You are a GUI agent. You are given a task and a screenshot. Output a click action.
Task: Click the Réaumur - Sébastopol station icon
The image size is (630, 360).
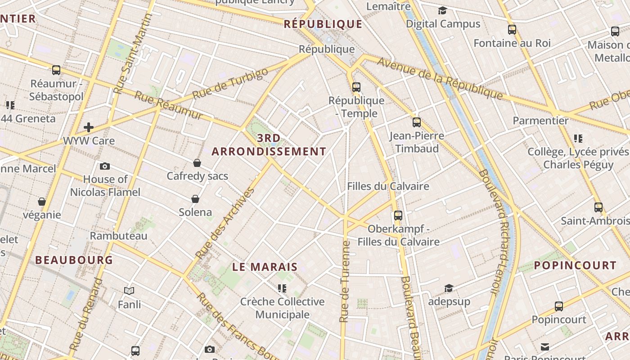[x=56, y=70]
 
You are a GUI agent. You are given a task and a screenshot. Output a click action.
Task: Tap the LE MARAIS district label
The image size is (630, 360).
[x=265, y=267]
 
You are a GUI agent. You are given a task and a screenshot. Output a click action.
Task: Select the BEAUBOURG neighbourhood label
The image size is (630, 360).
[x=74, y=260]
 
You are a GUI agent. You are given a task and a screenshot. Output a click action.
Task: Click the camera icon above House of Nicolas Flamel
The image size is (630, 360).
[x=105, y=166]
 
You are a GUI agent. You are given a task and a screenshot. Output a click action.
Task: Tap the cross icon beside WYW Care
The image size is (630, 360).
[x=89, y=127]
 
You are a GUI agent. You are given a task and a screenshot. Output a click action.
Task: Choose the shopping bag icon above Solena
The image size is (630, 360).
[x=195, y=198]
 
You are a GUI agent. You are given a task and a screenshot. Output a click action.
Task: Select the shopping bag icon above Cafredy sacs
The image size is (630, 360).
[x=197, y=162]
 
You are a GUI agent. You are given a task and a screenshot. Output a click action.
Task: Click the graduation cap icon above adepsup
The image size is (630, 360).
[x=449, y=288]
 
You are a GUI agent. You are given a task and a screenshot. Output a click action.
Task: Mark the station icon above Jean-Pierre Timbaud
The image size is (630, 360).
[x=417, y=122]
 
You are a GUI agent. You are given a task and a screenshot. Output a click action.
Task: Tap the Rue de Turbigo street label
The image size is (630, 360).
[x=230, y=85]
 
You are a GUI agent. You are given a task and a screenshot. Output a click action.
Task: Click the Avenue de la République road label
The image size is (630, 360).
[x=440, y=78]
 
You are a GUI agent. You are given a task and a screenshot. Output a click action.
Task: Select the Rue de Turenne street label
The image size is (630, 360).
[x=345, y=281]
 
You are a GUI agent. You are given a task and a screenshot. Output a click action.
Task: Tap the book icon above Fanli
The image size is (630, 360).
[x=129, y=291]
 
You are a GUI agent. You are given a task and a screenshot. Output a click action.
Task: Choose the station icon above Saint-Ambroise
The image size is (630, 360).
[x=598, y=207]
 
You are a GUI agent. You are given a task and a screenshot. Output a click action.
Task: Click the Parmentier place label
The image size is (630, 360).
[x=540, y=121]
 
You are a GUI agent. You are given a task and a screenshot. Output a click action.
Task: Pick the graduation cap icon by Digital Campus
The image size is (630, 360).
[x=443, y=10]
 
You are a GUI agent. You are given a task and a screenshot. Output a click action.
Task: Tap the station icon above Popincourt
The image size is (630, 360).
[x=559, y=306]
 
